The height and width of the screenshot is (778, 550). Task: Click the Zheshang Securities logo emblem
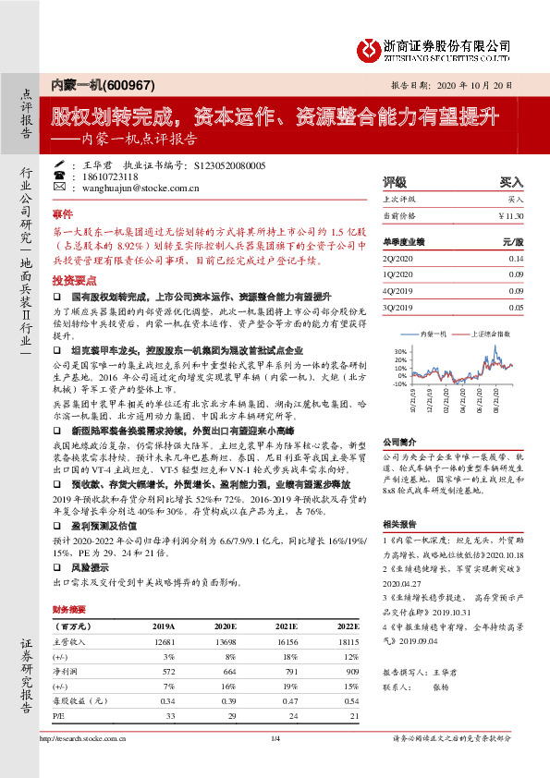[372, 47]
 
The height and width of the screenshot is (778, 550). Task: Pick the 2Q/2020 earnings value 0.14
[516, 260]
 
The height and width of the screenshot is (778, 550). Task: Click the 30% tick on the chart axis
[399, 352]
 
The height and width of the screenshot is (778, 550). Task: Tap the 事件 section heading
[62, 213]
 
